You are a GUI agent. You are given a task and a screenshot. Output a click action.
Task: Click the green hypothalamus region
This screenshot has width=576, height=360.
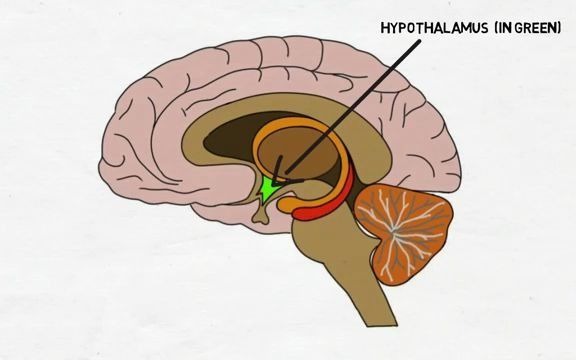(268, 187)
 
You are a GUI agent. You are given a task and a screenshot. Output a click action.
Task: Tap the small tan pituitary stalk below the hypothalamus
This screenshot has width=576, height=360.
(262, 208)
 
